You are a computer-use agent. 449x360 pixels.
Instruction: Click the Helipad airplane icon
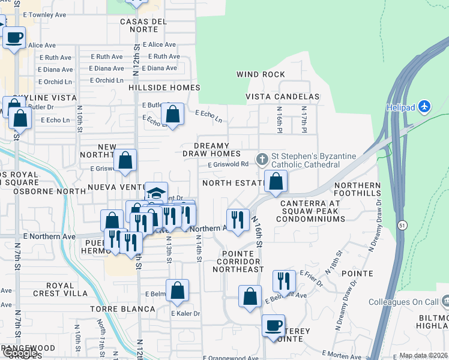tap(425, 107)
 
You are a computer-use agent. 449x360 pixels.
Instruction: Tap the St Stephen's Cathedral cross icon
tap(262, 159)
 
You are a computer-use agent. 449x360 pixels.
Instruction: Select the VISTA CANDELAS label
tap(282, 97)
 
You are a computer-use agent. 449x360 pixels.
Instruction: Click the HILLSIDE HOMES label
tap(164, 88)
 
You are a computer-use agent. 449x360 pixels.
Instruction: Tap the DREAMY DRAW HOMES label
tap(211, 149)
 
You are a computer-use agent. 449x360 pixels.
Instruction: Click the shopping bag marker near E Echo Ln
tap(172, 114)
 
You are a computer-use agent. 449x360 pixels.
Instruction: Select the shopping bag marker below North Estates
tap(276, 181)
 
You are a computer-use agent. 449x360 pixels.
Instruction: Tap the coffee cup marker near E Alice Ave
tap(14, 37)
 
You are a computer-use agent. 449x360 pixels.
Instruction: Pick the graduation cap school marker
tap(156, 193)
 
